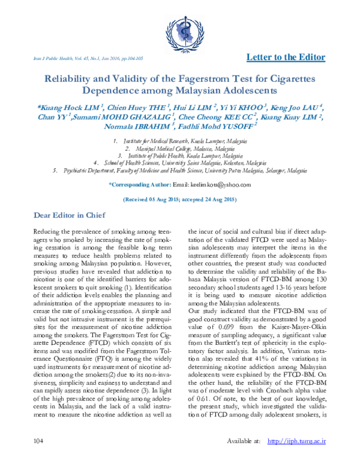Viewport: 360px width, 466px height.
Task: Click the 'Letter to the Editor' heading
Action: point(286,58)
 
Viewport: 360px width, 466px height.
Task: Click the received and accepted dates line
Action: point(179,182)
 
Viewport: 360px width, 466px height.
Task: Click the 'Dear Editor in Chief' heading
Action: point(69,198)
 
